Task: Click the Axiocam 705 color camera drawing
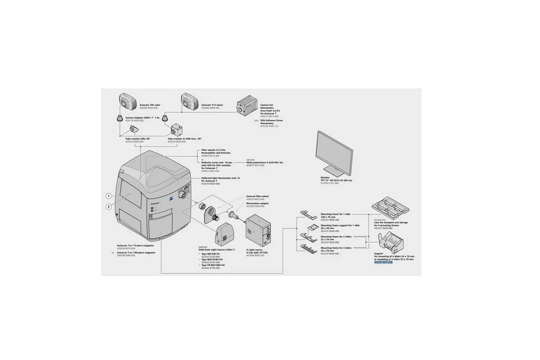coord(127,102)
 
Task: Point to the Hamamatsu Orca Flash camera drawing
coord(247,107)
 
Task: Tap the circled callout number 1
coord(109,196)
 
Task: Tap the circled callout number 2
coord(109,207)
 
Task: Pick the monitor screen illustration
coord(333,153)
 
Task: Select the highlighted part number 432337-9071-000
coord(383,262)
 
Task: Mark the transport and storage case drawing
coord(392,207)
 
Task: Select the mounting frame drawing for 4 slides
coord(308,248)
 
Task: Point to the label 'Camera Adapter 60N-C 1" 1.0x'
coord(143,117)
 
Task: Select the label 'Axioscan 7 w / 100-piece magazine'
coord(136,253)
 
